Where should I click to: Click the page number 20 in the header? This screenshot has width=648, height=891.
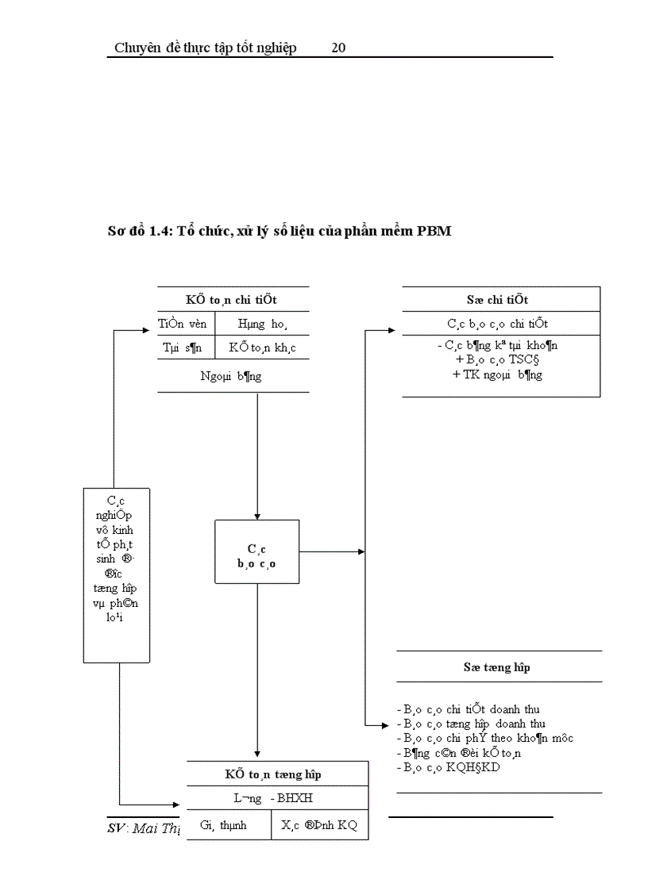tap(337, 48)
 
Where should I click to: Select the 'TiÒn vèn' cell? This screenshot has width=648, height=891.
tap(182, 324)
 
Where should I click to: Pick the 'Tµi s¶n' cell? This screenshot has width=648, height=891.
tap(183, 348)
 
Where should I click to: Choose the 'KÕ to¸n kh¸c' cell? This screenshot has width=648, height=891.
tap(263, 348)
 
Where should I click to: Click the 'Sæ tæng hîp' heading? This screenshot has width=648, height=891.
tap(497, 667)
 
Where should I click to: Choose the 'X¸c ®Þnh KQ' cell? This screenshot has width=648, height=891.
tap(319, 825)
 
